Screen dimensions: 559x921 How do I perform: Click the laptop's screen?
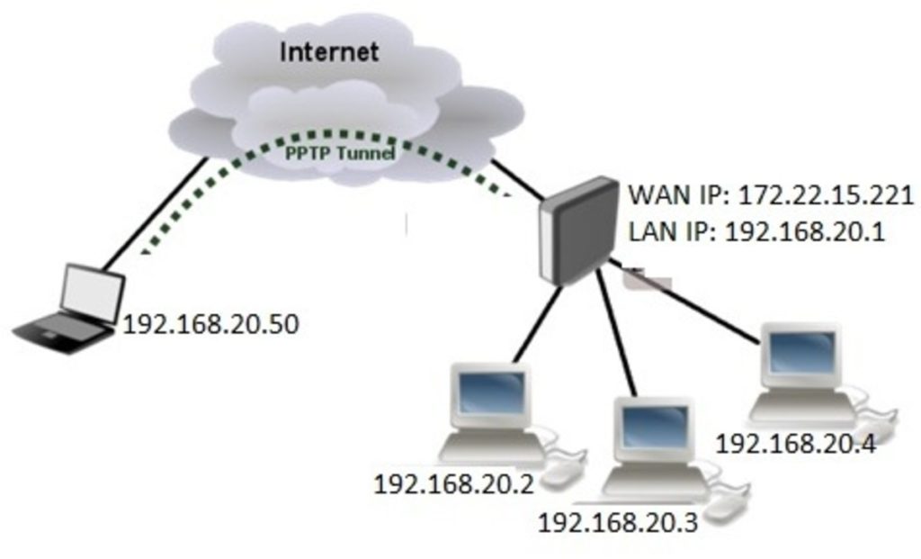93,291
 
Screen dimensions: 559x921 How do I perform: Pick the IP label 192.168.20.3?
617,521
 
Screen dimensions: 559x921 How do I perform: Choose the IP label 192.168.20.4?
793,443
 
